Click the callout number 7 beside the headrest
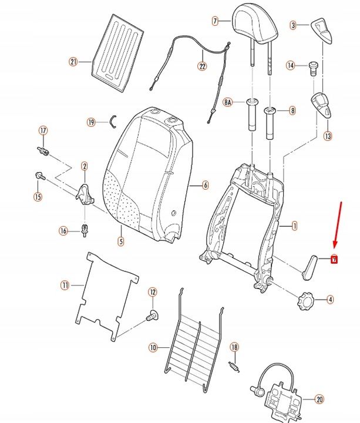215,21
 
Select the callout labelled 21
73,62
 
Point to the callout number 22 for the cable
202,66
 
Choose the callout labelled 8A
228,102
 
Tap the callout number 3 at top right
294,25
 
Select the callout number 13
327,136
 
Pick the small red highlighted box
334,259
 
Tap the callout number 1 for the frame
294,225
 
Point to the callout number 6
206,186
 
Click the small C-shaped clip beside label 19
113,121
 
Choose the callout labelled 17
42,130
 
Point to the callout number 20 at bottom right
319,399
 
